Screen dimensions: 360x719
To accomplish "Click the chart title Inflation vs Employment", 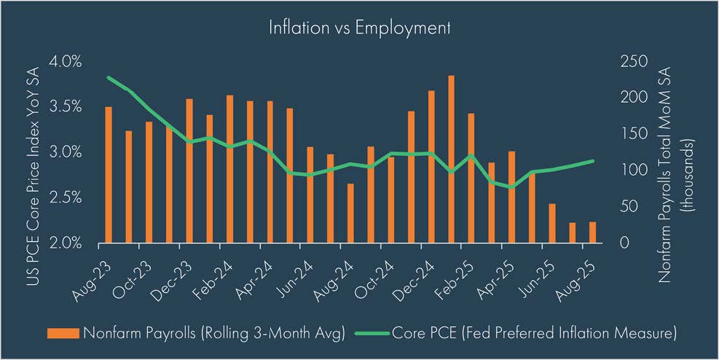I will coord(359,28).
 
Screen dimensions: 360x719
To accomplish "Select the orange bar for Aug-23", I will coord(109,175).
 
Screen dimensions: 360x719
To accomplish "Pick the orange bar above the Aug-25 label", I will coord(592,232).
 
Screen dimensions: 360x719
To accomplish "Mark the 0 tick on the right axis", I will coord(623,243).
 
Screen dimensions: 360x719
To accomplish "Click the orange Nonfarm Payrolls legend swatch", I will coord(65,333).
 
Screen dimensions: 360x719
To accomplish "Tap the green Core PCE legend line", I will coord(374,333).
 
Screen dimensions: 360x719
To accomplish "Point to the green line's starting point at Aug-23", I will coord(109,77).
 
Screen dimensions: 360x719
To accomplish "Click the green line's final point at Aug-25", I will coord(592,161).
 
